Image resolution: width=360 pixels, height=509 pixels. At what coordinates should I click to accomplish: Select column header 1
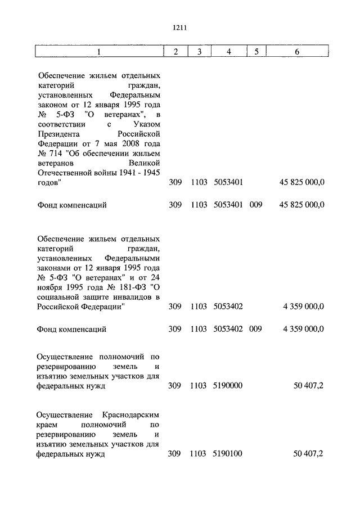99,52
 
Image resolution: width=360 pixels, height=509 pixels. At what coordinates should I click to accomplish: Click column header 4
228,52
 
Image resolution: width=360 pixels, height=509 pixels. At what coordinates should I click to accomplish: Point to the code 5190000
228,386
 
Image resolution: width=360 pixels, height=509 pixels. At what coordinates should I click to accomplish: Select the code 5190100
228,454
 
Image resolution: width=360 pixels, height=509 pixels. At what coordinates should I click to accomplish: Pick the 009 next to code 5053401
256,205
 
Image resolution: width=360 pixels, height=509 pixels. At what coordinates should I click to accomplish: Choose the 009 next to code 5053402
256,330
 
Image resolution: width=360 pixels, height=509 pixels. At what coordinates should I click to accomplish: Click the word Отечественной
64,173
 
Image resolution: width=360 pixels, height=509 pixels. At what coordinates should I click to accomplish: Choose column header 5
256,52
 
